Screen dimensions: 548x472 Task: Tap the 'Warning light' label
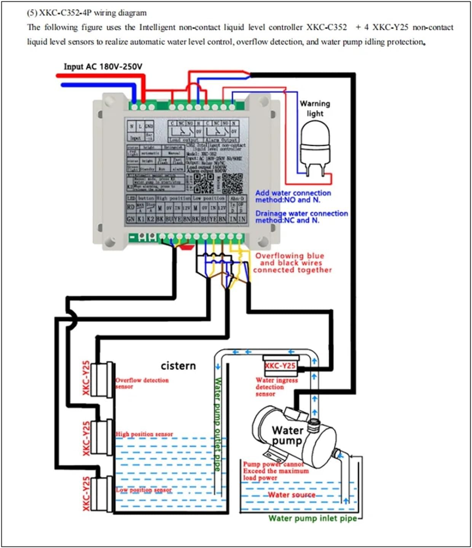315,108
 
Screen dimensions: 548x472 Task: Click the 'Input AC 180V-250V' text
103,67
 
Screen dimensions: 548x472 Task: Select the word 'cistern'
178,366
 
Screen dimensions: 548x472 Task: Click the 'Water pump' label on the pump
287,435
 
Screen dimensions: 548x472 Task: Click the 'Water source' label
292,495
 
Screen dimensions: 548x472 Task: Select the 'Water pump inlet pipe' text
313,518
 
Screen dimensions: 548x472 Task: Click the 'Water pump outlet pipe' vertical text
218,424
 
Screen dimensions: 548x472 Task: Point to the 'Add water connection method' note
293,196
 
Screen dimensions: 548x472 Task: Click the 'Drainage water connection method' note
301,217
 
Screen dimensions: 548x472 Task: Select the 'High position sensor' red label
144,434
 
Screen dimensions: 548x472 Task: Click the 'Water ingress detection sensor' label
276,387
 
